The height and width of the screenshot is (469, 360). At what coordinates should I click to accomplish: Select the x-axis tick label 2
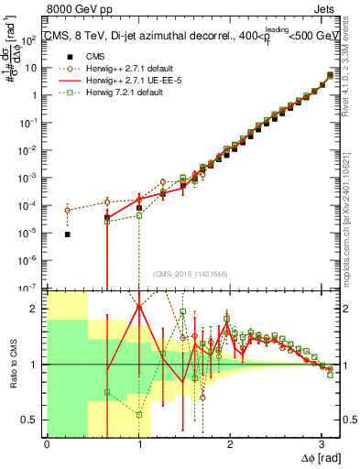point(230,442)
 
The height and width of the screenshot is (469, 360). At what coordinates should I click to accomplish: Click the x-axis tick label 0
point(47,442)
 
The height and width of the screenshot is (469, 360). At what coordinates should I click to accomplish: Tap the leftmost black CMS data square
point(68,234)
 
